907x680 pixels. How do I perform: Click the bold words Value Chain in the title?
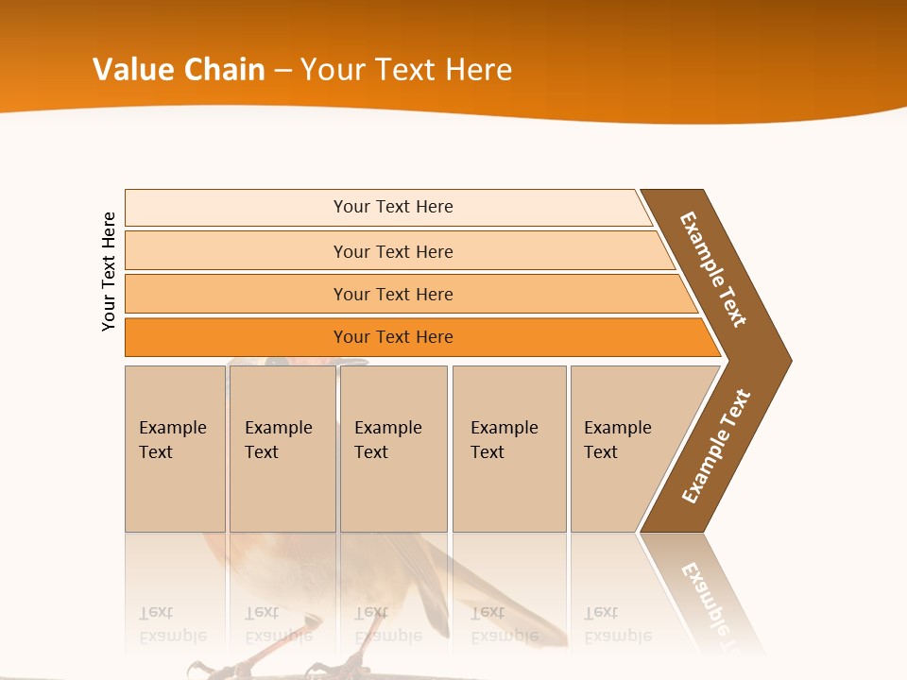click(x=179, y=70)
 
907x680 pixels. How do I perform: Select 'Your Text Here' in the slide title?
click(x=406, y=70)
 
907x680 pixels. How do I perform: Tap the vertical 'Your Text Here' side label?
click(x=109, y=271)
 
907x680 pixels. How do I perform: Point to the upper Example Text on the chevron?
click(x=713, y=269)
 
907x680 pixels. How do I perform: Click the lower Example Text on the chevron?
click(x=716, y=447)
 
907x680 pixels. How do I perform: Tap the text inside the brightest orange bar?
click(x=393, y=337)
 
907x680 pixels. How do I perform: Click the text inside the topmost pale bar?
click(x=393, y=207)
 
